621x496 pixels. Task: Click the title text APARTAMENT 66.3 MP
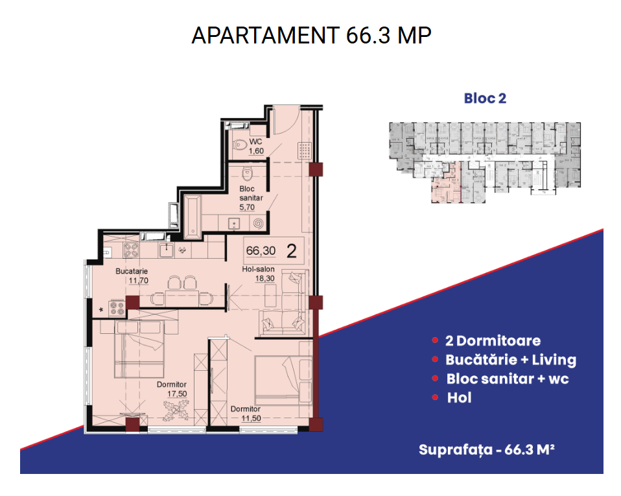point(311,35)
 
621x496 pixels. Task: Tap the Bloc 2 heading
point(485,99)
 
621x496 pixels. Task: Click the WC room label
point(255,141)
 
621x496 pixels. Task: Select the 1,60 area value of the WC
point(256,151)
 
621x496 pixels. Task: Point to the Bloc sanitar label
point(251,193)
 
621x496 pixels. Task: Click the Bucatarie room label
point(132,271)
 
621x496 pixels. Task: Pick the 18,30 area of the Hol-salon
point(265,279)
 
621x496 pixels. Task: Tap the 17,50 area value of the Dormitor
point(177,394)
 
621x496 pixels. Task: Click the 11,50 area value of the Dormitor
point(252,418)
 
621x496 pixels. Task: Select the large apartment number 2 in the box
point(292,251)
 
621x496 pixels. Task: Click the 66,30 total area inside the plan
point(261,251)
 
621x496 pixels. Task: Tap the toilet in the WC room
point(239,145)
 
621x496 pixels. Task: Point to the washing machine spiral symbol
point(258,224)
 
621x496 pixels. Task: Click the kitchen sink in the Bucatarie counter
point(167,250)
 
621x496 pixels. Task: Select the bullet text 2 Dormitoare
point(493,340)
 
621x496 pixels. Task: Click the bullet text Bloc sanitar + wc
point(508,379)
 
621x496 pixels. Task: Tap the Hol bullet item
point(460,397)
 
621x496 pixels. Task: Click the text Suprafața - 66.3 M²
point(487,450)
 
